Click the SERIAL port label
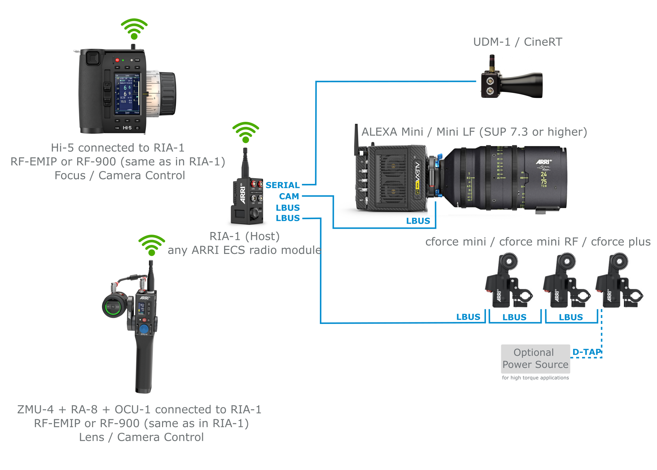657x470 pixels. pos(282,185)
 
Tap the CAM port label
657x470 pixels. pos(289,196)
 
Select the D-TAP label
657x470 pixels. pos(586,352)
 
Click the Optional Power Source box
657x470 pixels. pos(535,359)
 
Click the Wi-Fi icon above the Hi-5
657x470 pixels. pos(134,29)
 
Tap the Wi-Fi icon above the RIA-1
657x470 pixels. pos(245,132)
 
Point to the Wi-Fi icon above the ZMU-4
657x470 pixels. pos(151,245)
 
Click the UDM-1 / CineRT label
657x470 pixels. pos(517,42)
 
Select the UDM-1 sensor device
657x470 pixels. pos(511,83)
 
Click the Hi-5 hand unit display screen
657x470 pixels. pos(127,94)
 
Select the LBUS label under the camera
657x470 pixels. pos(418,221)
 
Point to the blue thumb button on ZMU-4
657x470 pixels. pos(144,329)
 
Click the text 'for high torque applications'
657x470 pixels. pos(535,378)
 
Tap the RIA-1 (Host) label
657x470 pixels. pos(244,236)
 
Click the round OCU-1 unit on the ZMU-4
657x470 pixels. pos(114,306)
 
